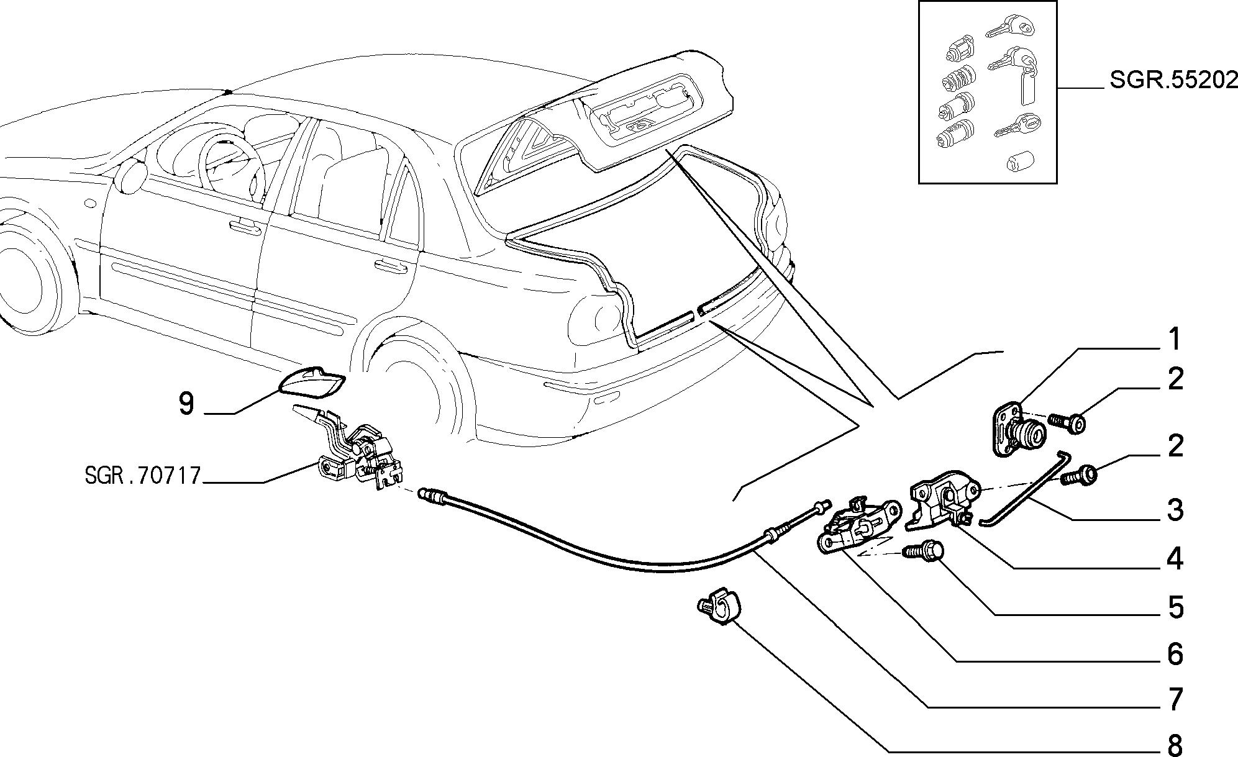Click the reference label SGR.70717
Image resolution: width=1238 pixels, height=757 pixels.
click(142, 476)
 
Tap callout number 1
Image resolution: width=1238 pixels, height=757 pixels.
click(1173, 340)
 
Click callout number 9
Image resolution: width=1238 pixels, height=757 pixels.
click(186, 404)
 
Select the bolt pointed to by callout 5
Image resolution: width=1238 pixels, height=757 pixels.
click(923, 550)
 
